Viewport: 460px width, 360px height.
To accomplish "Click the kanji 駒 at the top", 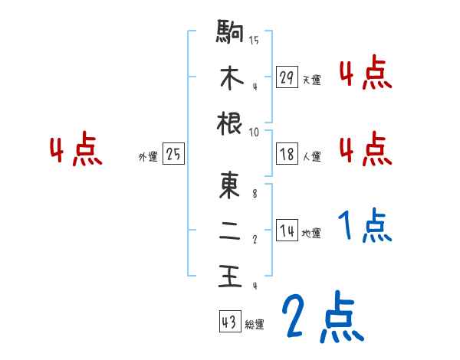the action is [x=231, y=32].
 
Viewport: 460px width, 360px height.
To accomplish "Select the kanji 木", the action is [x=231, y=77].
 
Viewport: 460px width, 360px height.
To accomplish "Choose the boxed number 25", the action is [x=172, y=154].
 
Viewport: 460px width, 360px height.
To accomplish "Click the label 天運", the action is [x=311, y=80].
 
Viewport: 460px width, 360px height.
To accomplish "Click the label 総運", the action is [x=255, y=324].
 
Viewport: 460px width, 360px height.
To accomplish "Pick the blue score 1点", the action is [x=365, y=227].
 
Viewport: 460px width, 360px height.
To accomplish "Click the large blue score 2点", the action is [x=322, y=317].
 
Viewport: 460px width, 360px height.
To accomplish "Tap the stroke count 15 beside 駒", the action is [x=254, y=40].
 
